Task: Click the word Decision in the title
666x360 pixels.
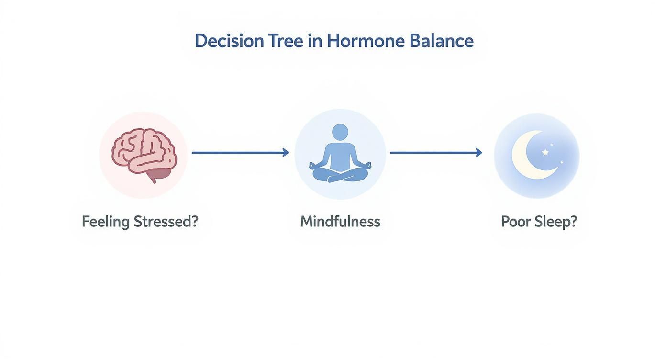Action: tap(229, 41)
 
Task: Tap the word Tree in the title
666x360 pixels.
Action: tap(286, 41)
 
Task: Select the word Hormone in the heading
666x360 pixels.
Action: tap(365, 41)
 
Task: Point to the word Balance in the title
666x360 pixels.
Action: tap(441, 41)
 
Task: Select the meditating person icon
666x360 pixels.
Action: tap(340, 154)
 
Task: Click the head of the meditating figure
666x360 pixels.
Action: tap(340, 132)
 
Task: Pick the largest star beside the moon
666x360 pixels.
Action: tap(545, 152)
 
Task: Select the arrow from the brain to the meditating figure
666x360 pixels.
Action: tap(239, 153)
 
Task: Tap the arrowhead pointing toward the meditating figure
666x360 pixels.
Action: tap(286, 153)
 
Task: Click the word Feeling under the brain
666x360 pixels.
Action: tap(105, 222)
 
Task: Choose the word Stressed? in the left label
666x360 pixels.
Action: tap(166, 222)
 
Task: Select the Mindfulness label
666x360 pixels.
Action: tap(340, 222)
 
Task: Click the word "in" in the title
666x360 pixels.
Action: tap(315, 41)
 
